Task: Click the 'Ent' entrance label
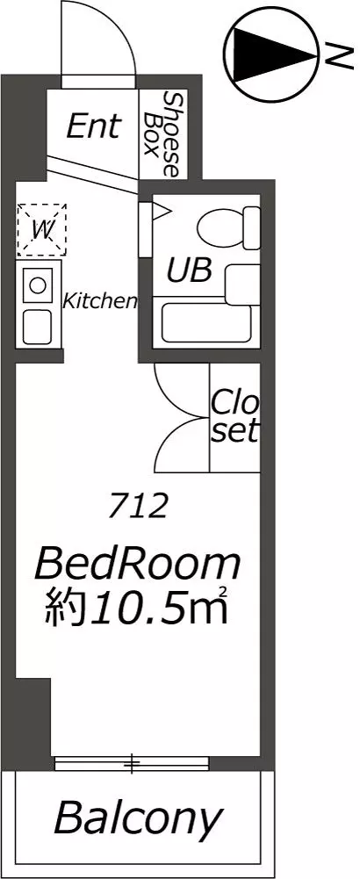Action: [93, 126]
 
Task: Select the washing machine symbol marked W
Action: [41, 229]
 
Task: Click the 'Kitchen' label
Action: [99, 301]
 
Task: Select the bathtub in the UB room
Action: [205, 323]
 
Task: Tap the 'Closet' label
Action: [235, 418]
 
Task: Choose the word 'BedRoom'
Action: [137, 566]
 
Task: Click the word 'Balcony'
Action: [138, 819]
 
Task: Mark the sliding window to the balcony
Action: [132, 763]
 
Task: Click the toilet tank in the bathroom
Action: [251, 228]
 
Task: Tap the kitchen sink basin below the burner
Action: [37, 328]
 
